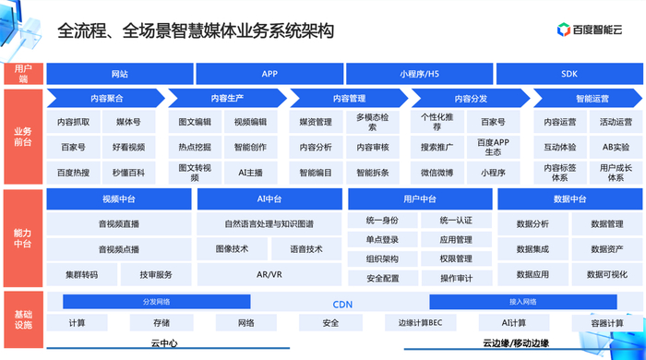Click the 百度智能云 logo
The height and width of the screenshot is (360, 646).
pyautogui.click(x=592, y=30)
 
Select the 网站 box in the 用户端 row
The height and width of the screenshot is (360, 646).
pyautogui.click(x=119, y=74)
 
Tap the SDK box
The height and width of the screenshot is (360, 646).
pyautogui.click(x=568, y=74)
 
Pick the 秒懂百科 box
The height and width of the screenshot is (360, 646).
pyautogui.click(x=129, y=172)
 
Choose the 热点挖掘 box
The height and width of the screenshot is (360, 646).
pyautogui.click(x=195, y=147)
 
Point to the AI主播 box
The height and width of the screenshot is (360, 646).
pyautogui.click(x=250, y=172)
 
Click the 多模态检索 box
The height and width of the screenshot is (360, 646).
pyautogui.click(x=372, y=122)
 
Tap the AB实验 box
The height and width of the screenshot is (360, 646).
pyautogui.click(x=616, y=147)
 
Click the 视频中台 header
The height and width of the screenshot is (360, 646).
pyautogui.click(x=119, y=198)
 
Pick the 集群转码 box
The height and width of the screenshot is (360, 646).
pyautogui.click(x=81, y=274)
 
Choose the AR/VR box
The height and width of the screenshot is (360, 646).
pyautogui.click(x=269, y=274)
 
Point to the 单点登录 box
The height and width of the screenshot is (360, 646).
pyautogui.click(x=382, y=240)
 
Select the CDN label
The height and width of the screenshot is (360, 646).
pyautogui.click(x=342, y=304)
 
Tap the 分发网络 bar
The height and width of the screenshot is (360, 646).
pyautogui.click(x=156, y=302)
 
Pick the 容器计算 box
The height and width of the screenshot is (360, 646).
pyautogui.click(x=598, y=323)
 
